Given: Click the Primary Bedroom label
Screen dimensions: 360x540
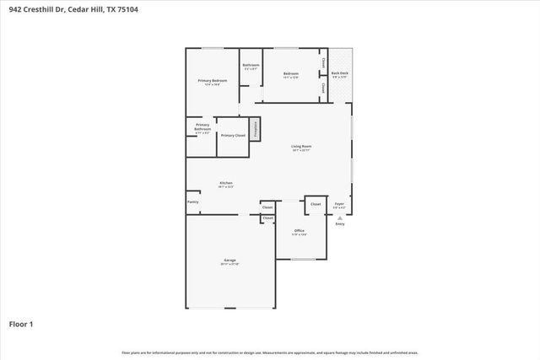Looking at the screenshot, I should tap(213, 80).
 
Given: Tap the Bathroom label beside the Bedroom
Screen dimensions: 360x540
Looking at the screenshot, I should tap(251, 65).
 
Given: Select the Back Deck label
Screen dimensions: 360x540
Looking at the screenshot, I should tap(339, 74).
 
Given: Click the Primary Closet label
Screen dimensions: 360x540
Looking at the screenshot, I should tap(232, 135).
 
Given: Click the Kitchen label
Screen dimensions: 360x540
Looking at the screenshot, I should tap(226, 183).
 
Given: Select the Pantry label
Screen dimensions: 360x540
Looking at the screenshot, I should tap(193, 202).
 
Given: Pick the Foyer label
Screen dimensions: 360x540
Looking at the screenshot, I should tap(339, 203).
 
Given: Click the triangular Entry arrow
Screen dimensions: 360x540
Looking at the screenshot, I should tap(340, 217).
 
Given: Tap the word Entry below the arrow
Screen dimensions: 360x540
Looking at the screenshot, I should tap(340, 224).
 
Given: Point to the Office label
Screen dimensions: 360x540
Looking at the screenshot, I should tap(299, 230).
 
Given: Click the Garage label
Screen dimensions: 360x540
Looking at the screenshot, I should tap(229, 260).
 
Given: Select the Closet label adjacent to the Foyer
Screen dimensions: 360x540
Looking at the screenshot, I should tap(316, 204).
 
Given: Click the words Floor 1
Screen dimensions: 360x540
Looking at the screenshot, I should tap(21, 324).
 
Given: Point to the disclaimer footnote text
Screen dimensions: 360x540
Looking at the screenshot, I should tap(270, 352).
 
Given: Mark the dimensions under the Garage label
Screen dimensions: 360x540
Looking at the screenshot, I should tap(229, 265).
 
